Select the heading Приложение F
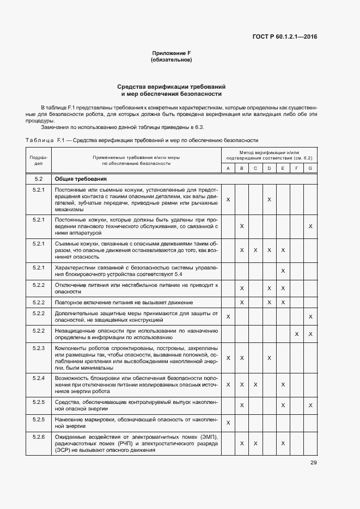[171, 53]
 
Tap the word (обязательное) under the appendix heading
[171, 60]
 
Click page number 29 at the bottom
[314, 463]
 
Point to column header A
[228, 168]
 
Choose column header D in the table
[269, 168]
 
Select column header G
[310, 168]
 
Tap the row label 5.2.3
[39, 348]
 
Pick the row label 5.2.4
[39, 378]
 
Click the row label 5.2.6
[39, 437]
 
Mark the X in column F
[296, 334]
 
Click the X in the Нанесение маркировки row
[228, 422]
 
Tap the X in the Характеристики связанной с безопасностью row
[283, 271]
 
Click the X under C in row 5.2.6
[255, 444]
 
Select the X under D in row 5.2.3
[269, 358]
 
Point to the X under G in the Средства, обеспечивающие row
[310, 405]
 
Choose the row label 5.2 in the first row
[39, 179]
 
